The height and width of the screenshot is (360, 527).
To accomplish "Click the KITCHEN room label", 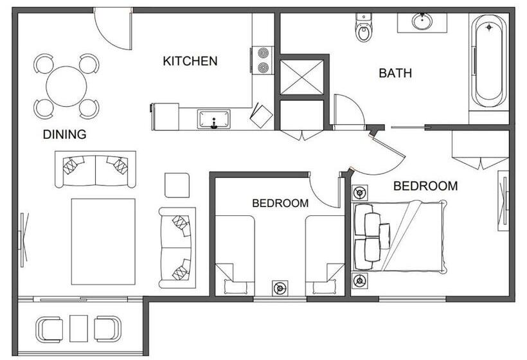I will coord(190,62).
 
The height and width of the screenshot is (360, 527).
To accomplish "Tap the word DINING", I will coord(64,135).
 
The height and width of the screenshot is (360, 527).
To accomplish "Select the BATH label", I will coord(395,73).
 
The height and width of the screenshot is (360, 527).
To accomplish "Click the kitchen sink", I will coord(214,119).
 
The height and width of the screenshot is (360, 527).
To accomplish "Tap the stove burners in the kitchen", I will coord(262,60).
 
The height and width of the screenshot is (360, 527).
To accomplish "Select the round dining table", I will coord(66,85).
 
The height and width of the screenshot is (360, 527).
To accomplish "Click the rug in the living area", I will coord(103,241).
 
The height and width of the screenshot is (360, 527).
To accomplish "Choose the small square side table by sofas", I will coord(177,185).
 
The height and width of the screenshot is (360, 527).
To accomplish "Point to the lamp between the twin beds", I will coord(280,288).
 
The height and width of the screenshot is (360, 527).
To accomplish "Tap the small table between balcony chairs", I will coord(78,328).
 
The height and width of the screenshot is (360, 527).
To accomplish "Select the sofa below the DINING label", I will coord(95,168).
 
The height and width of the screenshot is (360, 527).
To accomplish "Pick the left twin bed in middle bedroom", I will coord(235,254).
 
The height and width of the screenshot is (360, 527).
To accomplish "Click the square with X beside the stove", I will coord(302,77).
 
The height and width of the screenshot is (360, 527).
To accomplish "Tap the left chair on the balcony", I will coord(50,328).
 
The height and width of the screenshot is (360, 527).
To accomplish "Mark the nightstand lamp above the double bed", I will coord(359,192).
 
